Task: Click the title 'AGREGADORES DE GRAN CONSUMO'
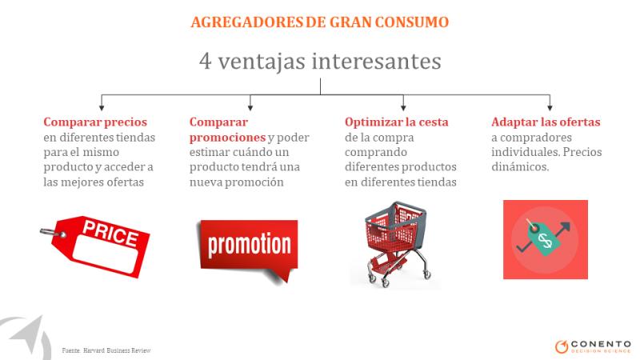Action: (x=319, y=22)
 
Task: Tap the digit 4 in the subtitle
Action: (x=206, y=61)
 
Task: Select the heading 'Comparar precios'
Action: (x=95, y=122)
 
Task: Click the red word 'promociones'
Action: (x=227, y=137)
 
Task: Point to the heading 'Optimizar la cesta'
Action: (x=396, y=122)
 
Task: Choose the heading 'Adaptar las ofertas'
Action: (x=546, y=122)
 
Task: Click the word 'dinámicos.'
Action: (x=520, y=166)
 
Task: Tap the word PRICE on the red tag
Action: (x=110, y=234)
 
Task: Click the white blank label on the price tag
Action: (x=106, y=254)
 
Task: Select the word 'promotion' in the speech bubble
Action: (x=250, y=245)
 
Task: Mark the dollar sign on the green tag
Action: (x=545, y=240)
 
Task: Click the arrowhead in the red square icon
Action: (x=565, y=226)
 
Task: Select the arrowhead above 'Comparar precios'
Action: (x=102, y=107)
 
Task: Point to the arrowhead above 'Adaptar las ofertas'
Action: (x=550, y=107)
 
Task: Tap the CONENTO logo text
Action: (x=601, y=344)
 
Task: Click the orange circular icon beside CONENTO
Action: (x=562, y=346)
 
